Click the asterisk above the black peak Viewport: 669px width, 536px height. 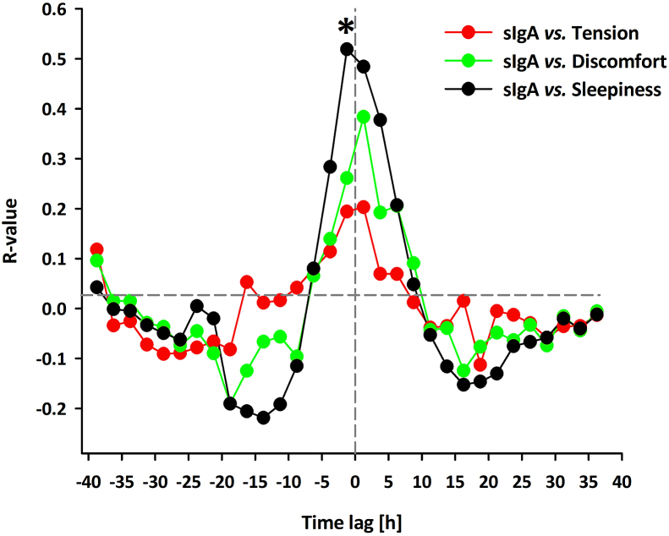coord(345,26)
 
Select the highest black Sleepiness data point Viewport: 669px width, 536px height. coord(347,49)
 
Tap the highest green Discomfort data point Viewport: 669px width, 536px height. coord(364,117)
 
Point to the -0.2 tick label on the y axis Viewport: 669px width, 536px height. coord(54,409)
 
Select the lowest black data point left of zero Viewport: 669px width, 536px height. coord(263,418)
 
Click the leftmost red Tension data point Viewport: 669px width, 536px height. coord(96,249)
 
